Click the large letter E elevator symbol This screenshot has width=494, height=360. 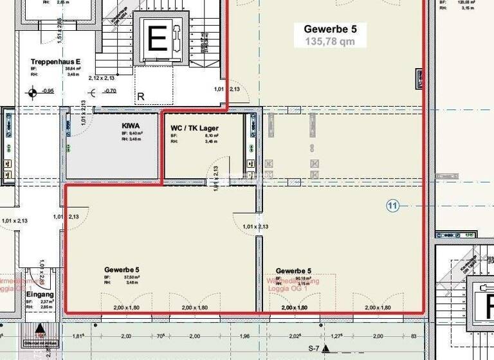157,40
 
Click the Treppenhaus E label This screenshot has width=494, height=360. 55,62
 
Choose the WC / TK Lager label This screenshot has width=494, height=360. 194,128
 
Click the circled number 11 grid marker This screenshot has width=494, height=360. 393,206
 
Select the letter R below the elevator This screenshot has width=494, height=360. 140,97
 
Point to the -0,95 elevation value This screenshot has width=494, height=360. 48,91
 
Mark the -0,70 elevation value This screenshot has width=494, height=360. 110,91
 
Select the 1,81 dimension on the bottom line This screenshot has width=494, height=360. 78,336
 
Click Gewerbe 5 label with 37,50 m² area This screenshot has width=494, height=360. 122,270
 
